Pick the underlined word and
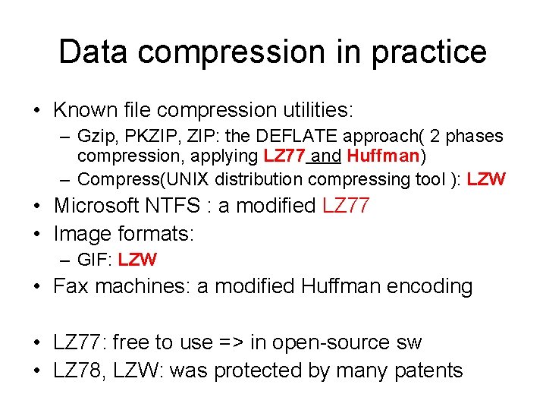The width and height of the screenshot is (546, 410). [326, 157]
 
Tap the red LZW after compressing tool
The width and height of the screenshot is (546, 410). [486, 179]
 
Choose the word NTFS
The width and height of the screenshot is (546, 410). [182, 206]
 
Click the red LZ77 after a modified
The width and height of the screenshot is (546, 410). [346, 206]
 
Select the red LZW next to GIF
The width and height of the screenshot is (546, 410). [138, 260]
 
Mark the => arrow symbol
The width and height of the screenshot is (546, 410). [227, 342]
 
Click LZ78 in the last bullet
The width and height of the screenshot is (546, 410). [77, 371]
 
